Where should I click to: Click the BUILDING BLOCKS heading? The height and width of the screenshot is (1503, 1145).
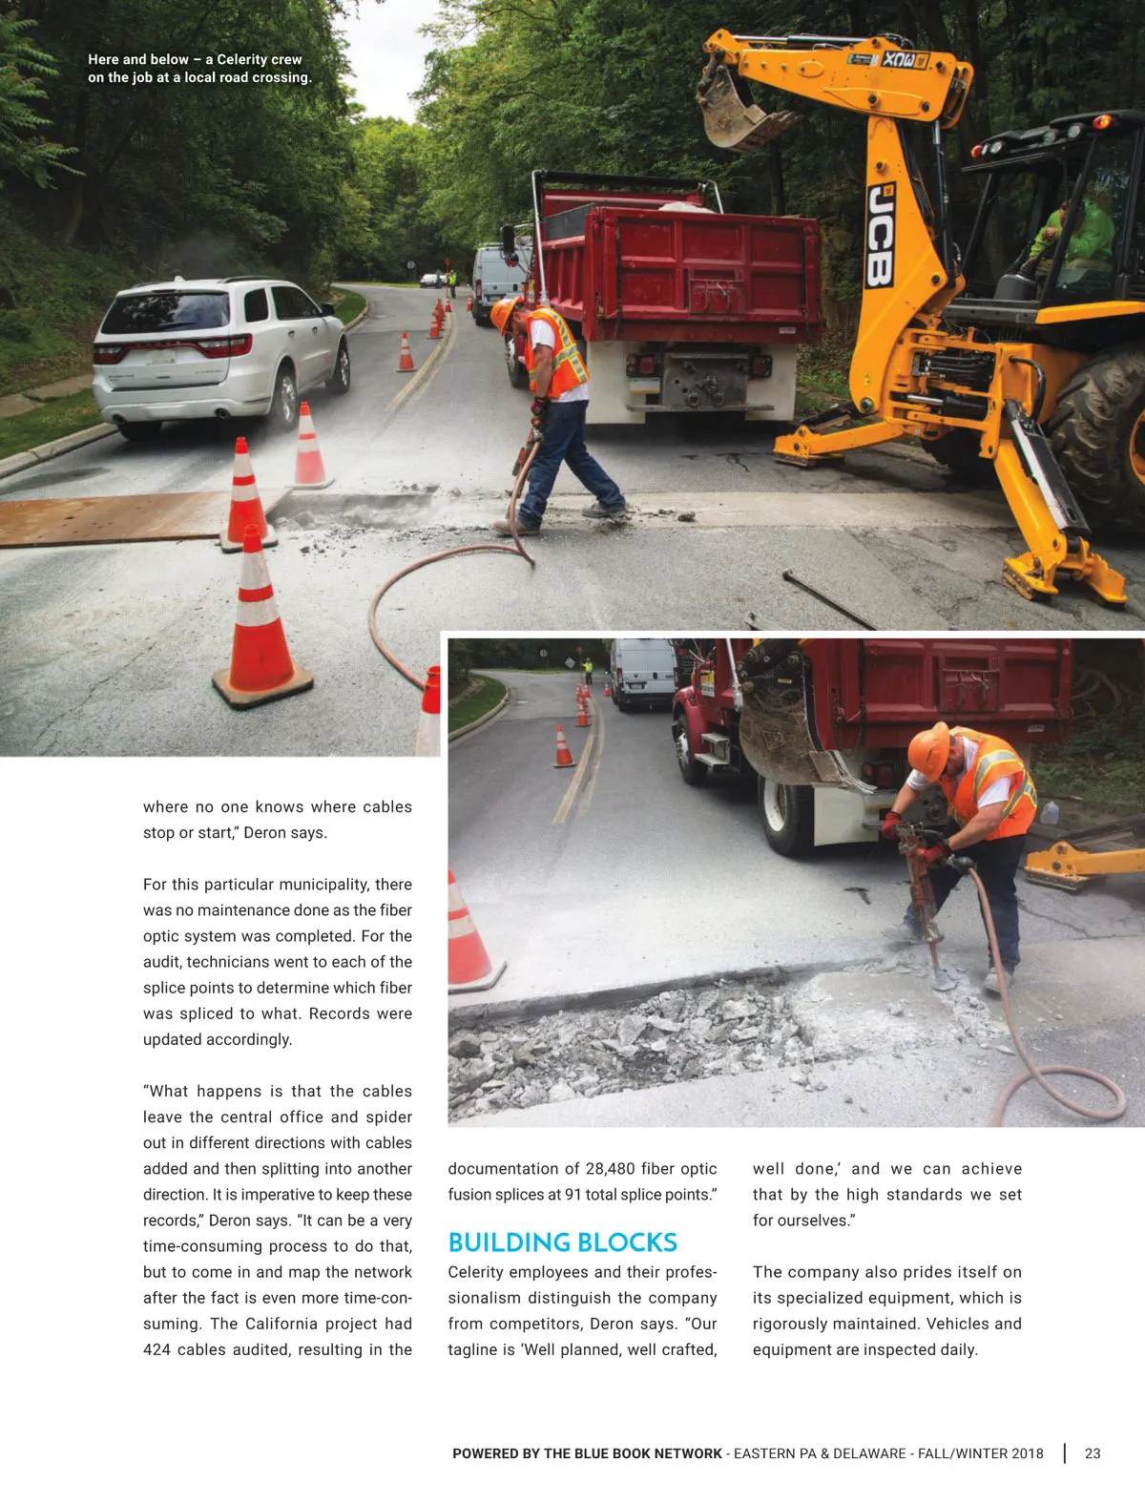562,1242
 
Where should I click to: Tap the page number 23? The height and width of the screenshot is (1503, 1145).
1093,1453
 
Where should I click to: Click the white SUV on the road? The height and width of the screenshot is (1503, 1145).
219,353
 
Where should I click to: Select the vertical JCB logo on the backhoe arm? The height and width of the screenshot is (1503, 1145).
879,235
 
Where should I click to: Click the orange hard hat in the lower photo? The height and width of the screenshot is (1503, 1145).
927,749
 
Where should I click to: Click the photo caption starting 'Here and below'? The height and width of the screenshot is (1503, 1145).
199,69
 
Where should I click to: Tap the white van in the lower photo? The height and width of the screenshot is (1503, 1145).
642,672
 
